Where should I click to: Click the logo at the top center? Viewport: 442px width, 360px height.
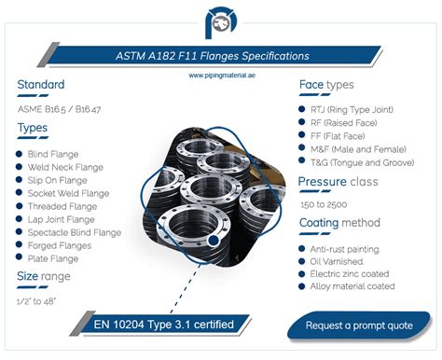point(221,21)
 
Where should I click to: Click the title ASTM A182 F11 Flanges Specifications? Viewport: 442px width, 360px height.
point(220,56)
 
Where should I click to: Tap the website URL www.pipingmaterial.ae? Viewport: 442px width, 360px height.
point(220,72)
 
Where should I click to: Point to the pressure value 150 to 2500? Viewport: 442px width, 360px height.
point(325,204)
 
